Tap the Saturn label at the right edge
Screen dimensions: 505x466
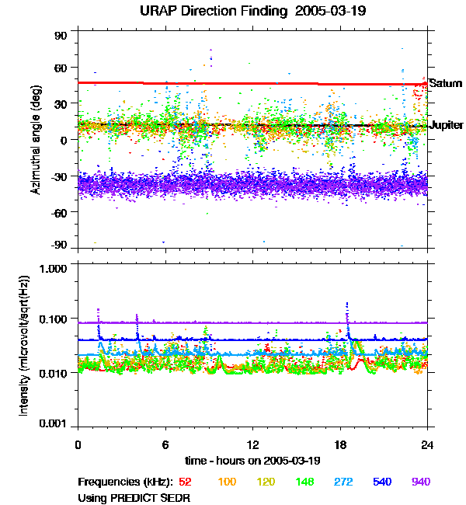coord(446,83)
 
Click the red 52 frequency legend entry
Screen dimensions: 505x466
coord(185,482)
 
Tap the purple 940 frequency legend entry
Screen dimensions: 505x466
coord(420,482)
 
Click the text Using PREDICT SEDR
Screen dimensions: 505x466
coord(134,497)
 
